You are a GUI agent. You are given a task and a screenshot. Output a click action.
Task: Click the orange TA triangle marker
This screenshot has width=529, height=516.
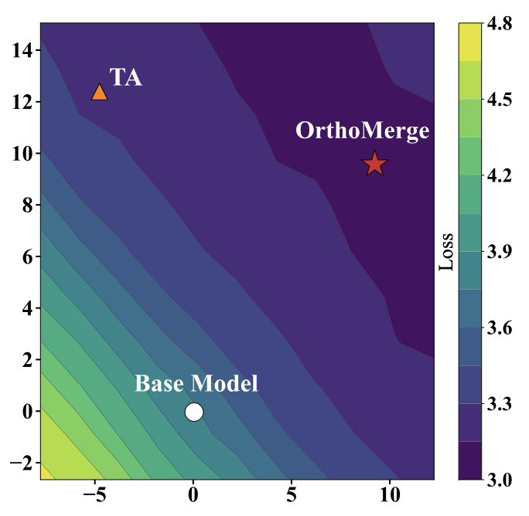[100, 93]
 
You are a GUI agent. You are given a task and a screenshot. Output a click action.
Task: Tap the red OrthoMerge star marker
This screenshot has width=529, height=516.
[374, 164]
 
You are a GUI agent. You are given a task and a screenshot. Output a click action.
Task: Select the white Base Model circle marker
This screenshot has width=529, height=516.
[194, 412]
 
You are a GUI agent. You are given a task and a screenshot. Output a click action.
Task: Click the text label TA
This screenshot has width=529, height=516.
[125, 77]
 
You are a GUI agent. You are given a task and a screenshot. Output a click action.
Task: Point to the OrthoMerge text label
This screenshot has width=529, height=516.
[362, 131]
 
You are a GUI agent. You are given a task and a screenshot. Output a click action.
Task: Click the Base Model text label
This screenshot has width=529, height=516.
[196, 383]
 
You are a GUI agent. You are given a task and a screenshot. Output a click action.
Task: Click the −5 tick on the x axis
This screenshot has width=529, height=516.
[95, 494]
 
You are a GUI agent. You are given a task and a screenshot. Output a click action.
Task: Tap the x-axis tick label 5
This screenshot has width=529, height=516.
[292, 494]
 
